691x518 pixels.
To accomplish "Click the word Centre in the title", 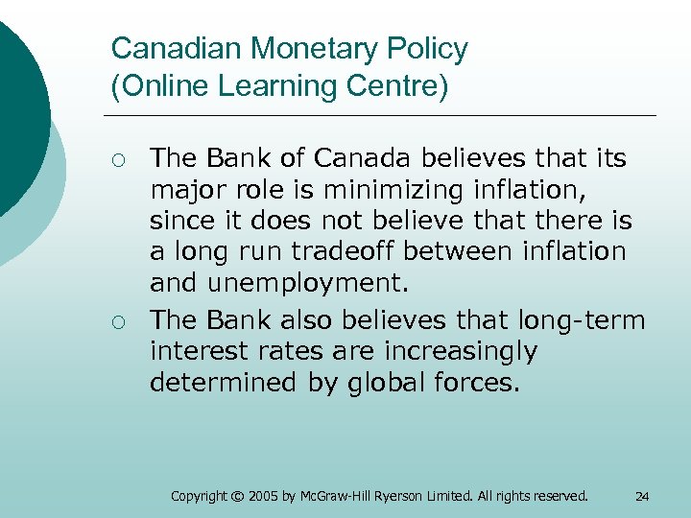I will click(x=393, y=87).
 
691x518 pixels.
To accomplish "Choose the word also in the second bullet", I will click(x=311, y=318).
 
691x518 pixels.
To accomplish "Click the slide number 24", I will click(x=642, y=496).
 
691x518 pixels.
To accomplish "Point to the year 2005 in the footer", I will click(x=264, y=496).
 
